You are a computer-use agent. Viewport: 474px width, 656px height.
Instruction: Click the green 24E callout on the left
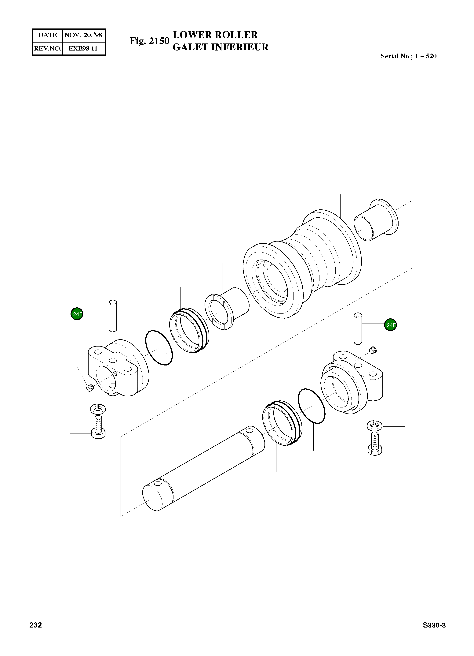click(77, 314)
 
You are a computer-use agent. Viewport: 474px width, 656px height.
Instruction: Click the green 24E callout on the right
click(390, 325)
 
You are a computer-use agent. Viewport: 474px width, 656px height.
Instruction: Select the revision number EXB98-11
click(83, 48)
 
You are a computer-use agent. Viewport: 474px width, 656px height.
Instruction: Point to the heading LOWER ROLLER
click(215, 35)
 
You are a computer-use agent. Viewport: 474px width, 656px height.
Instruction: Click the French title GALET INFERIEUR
click(220, 47)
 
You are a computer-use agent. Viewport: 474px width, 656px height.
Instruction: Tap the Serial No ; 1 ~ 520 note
click(408, 56)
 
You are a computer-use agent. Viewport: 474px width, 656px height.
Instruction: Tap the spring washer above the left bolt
click(98, 409)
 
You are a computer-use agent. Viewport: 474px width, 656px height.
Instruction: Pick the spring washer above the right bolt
click(375, 425)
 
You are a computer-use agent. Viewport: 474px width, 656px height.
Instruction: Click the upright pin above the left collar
click(113, 316)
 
